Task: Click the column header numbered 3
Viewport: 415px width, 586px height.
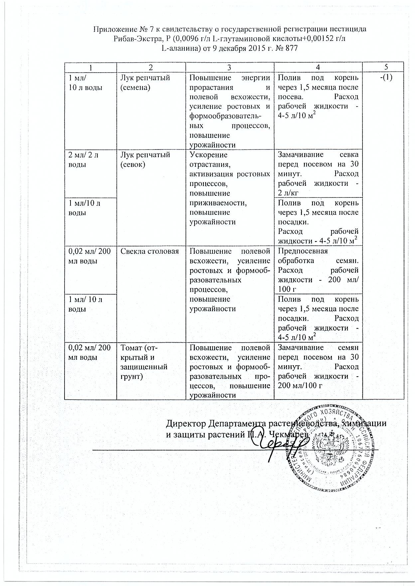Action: [x=229, y=67]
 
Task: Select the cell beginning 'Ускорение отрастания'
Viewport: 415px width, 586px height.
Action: [x=229, y=188]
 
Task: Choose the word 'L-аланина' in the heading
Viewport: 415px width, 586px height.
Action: [x=177, y=48]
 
